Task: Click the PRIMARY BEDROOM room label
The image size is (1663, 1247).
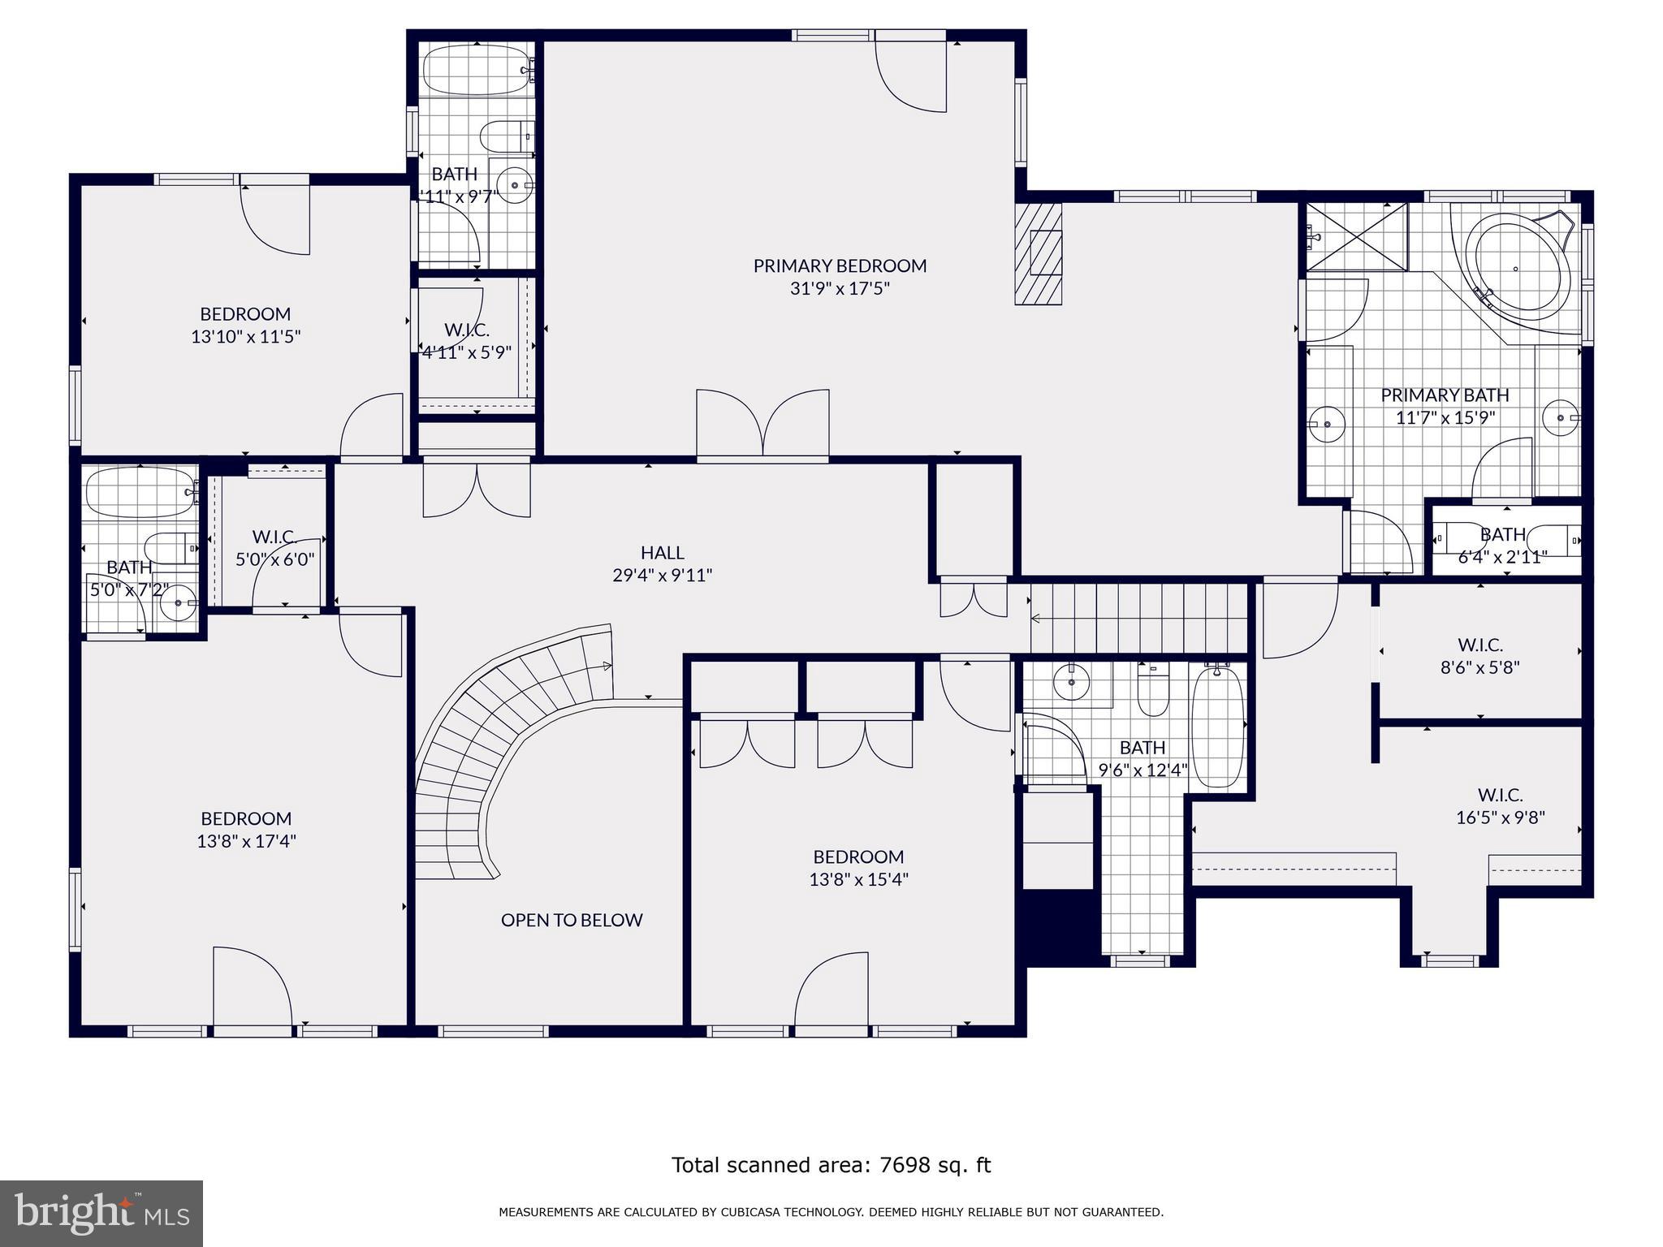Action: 840,265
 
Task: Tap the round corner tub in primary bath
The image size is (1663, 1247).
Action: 1515,268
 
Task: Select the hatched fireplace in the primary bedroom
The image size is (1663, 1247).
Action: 1039,254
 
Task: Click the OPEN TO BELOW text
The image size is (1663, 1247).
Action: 572,920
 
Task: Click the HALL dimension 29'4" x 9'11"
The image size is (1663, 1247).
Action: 662,576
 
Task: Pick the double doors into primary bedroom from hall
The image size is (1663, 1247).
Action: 762,424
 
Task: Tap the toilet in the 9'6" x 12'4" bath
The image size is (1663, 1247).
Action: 1152,690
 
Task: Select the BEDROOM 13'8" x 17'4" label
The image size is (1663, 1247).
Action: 246,818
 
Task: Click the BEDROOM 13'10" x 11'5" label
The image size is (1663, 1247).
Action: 245,313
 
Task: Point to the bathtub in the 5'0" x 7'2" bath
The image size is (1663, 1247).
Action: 140,492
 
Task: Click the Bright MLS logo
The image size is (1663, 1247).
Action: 102,1213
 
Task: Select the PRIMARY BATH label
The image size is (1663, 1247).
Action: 1445,395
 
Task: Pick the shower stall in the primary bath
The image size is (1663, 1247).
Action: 1356,237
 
